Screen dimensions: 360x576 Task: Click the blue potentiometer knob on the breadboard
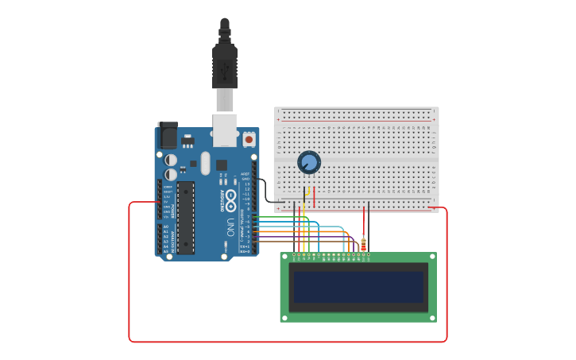pos(308,162)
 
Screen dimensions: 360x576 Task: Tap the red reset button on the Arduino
pos(249,139)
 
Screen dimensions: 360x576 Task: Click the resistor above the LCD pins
pos(363,245)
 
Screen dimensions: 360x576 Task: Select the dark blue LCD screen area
pos(358,287)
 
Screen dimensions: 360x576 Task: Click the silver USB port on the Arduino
pos(225,130)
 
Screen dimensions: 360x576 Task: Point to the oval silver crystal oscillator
pos(206,163)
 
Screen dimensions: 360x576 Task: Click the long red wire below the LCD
pos(286,342)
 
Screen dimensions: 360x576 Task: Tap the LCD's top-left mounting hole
pos(284,257)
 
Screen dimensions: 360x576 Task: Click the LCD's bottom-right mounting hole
pos(432,318)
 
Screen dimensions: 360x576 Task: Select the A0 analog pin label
pos(165,227)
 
